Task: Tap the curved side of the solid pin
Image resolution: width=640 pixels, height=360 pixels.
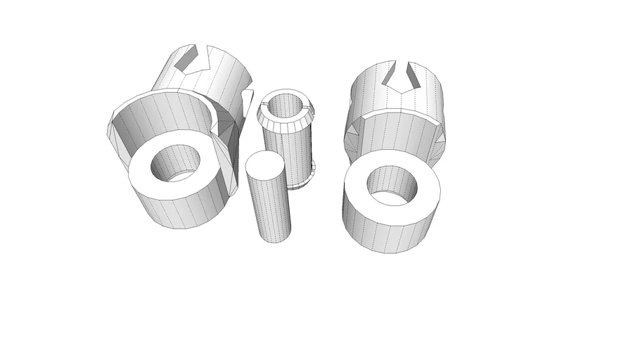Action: [269, 207]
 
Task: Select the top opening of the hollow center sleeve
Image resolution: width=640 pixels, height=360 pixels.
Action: [285, 105]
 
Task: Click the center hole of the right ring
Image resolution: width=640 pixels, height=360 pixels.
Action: [392, 186]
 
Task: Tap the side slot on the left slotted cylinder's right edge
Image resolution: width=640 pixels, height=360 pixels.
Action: [246, 105]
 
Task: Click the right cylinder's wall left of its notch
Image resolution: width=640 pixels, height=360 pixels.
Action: [369, 88]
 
